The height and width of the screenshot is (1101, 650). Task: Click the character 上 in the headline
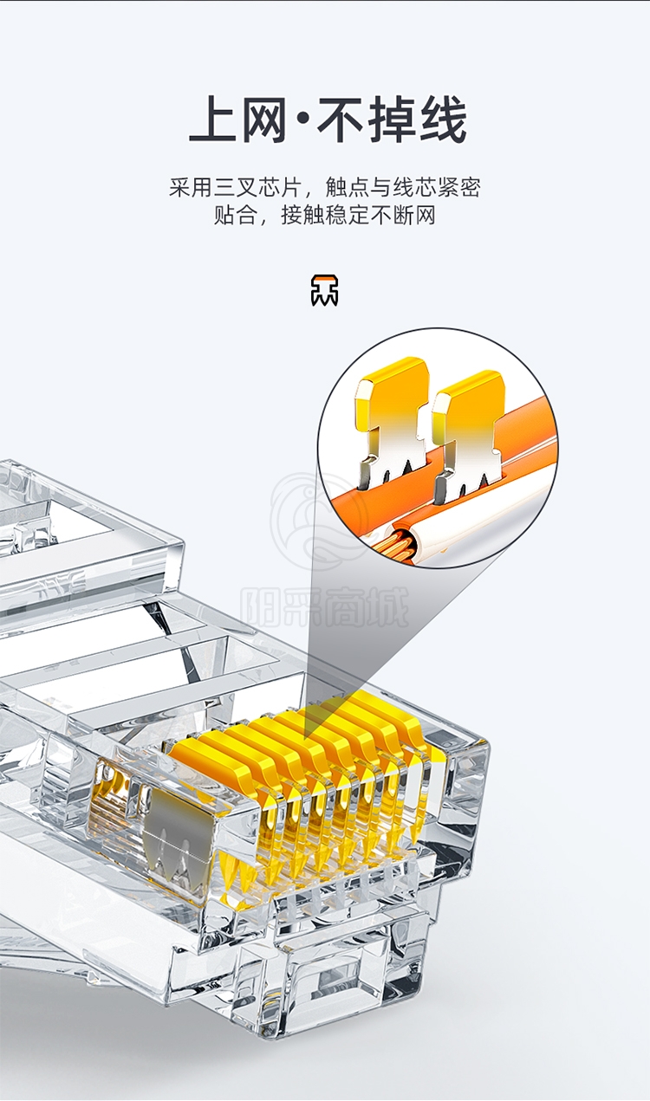[x=213, y=120]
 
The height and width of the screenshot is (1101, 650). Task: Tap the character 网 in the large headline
[x=265, y=120]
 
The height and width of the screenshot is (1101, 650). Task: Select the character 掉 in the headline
[x=393, y=120]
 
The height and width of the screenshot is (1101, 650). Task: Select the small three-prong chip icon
[x=324, y=290]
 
